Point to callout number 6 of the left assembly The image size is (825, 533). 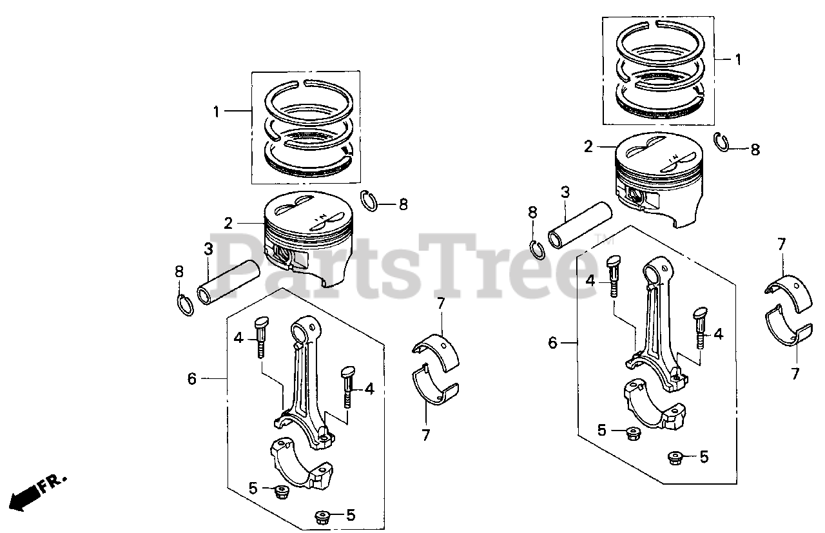click(x=191, y=378)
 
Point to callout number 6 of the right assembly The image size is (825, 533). click(x=552, y=343)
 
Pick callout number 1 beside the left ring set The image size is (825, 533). click(x=217, y=111)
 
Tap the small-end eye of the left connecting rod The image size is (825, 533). click(x=302, y=331)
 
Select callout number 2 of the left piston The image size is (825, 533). click(x=228, y=224)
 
